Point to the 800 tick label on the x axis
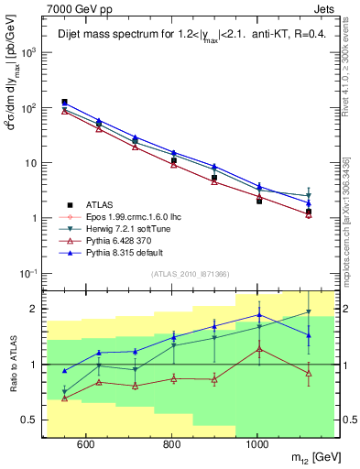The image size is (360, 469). [x=171, y=444]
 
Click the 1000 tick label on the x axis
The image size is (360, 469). [x=257, y=444]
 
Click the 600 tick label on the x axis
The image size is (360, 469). [x=86, y=444]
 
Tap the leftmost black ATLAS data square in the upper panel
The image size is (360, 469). [x=64, y=103]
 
